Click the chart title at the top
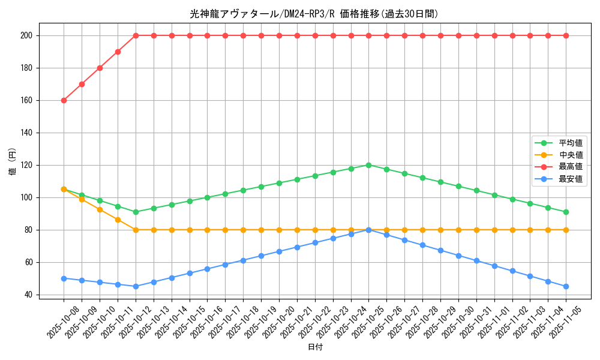pyautogui.click(x=314, y=14)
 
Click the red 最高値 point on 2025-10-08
pyautogui.click(x=64, y=100)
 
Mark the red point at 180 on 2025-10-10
pyautogui.click(x=100, y=68)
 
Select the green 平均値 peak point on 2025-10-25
pyautogui.click(x=368, y=165)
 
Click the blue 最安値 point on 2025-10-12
pyautogui.click(x=136, y=286)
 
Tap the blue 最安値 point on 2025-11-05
pyautogui.click(x=566, y=286)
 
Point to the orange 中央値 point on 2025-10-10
pyautogui.click(x=100, y=209)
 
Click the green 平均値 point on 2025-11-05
pyautogui.click(x=566, y=212)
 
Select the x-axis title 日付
pyautogui.click(x=314, y=347)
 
